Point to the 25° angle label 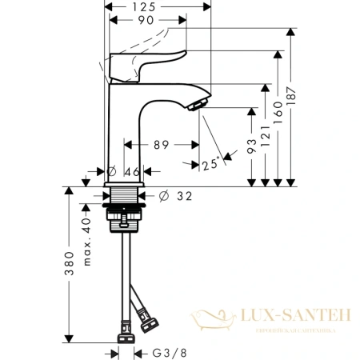click(210, 165)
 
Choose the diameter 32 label click(182, 194)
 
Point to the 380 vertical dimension click(69, 262)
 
